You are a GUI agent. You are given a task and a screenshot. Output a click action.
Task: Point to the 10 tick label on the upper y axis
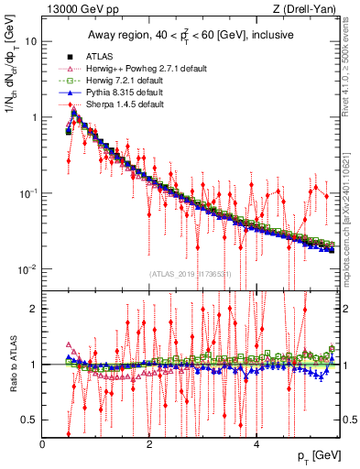pos(30,42)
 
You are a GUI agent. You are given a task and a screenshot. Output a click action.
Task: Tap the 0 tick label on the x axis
pos(43,444)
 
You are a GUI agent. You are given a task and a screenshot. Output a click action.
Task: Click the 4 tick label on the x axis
pos(256,444)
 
